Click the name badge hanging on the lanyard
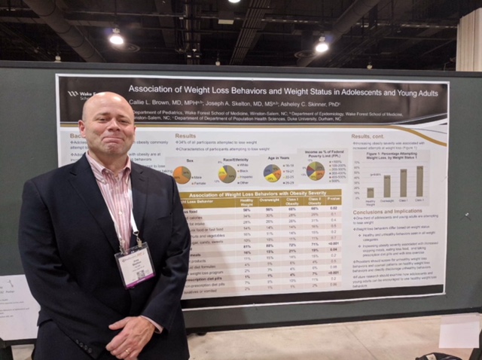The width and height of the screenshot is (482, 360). coord(134,264)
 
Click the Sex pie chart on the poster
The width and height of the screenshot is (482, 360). coord(182,175)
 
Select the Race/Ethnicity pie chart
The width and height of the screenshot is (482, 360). coord(227,174)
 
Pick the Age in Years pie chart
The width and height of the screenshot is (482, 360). coord(273,173)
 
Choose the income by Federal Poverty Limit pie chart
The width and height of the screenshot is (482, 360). coord(316,171)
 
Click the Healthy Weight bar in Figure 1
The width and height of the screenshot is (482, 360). coord(371,192)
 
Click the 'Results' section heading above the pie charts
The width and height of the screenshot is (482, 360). coord(185,136)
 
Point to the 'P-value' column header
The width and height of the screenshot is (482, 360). coord(332,202)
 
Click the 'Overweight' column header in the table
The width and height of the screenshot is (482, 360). coord(270,202)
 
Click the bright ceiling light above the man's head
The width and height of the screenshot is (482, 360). coord(116,38)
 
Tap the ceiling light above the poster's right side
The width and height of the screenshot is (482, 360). coord(322,47)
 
